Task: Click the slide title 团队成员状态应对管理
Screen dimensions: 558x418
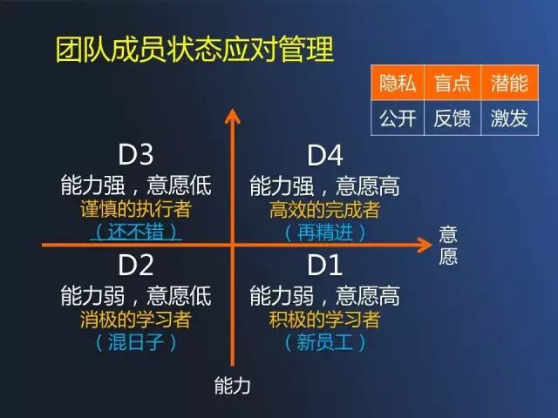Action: click(x=194, y=49)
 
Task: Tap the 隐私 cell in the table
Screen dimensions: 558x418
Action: click(x=398, y=84)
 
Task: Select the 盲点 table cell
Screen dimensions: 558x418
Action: click(x=453, y=84)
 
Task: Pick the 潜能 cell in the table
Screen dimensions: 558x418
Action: click(x=509, y=84)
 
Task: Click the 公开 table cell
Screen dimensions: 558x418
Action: click(x=398, y=118)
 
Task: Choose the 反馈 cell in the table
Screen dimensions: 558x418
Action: click(x=453, y=118)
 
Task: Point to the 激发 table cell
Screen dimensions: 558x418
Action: click(x=509, y=118)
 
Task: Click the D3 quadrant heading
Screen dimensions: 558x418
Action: click(x=135, y=155)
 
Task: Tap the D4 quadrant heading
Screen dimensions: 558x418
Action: click(x=325, y=155)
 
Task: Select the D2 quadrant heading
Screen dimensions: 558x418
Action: click(x=135, y=265)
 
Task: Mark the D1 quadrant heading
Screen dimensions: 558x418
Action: click(x=325, y=265)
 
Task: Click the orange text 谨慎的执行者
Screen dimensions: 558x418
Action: click(x=135, y=210)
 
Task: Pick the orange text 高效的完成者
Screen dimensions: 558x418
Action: click(x=325, y=210)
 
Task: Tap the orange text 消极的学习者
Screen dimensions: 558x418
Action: click(x=135, y=320)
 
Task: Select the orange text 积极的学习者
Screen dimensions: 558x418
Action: click(x=325, y=320)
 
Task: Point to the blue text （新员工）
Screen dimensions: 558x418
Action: click(x=325, y=342)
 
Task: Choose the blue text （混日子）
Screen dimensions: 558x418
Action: click(x=135, y=342)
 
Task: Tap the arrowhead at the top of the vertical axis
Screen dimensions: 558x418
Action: click(x=232, y=114)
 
